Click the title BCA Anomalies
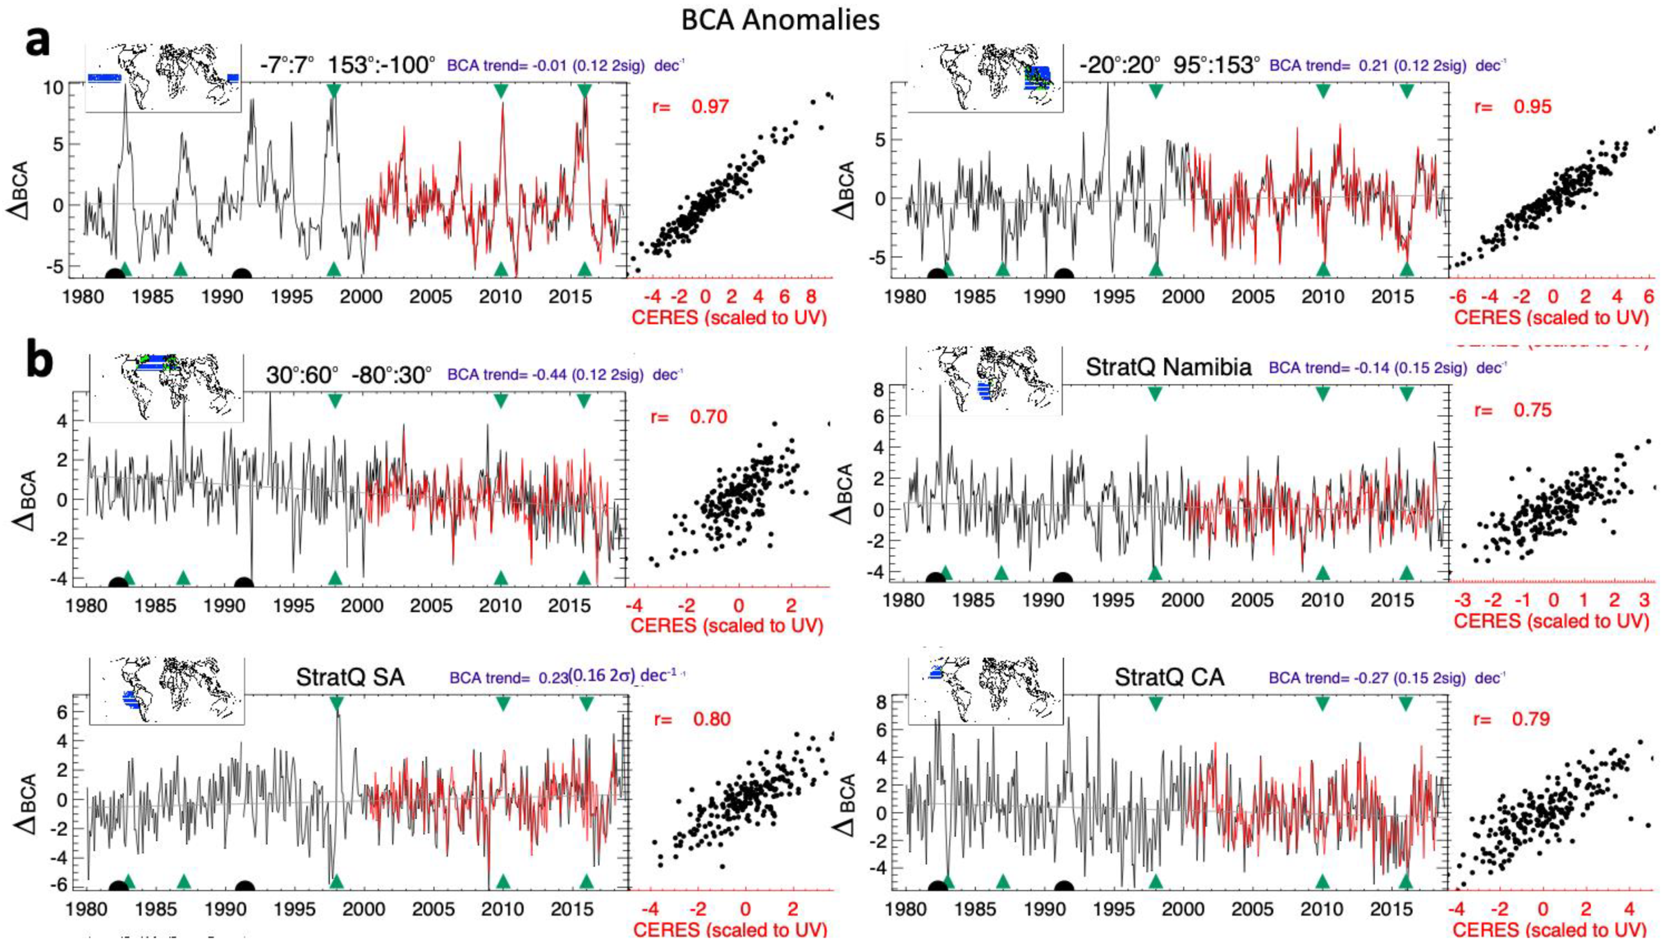coord(780,20)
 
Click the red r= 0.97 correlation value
coord(690,106)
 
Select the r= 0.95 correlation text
coord(1512,106)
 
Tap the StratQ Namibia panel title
coord(1168,367)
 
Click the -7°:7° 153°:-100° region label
coord(346,65)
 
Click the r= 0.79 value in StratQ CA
coord(1511,719)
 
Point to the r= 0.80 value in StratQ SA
coord(692,719)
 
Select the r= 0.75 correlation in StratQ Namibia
coord(1512,410)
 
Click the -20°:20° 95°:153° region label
coord(1168,65)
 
